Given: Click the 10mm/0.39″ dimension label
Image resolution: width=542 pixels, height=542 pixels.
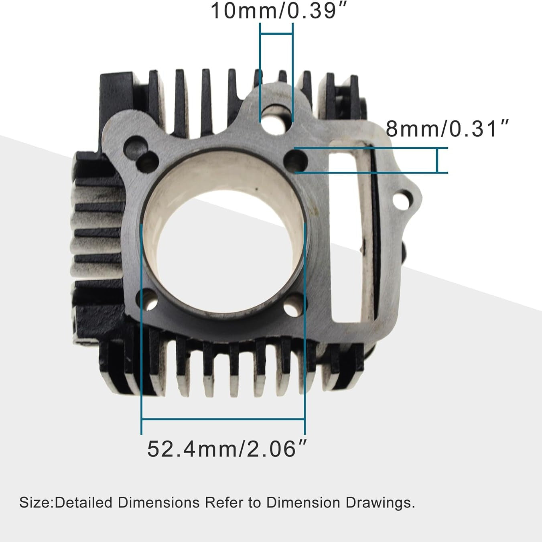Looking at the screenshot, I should (278, 11).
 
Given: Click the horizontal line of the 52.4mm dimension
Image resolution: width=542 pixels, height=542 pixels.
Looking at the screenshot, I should (223, 419).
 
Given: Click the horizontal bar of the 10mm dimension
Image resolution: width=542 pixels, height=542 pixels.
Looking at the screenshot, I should (276, 34).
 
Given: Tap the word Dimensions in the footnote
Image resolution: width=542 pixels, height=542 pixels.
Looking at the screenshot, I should (158, 503).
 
